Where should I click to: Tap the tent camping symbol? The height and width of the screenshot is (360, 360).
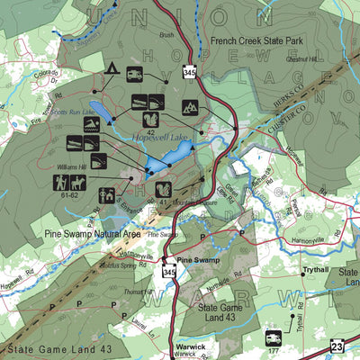113,69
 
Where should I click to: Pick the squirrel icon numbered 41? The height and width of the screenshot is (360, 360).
164,190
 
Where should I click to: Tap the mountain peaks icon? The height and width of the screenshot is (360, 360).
191,107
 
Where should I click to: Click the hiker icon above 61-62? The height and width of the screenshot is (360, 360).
60,183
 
